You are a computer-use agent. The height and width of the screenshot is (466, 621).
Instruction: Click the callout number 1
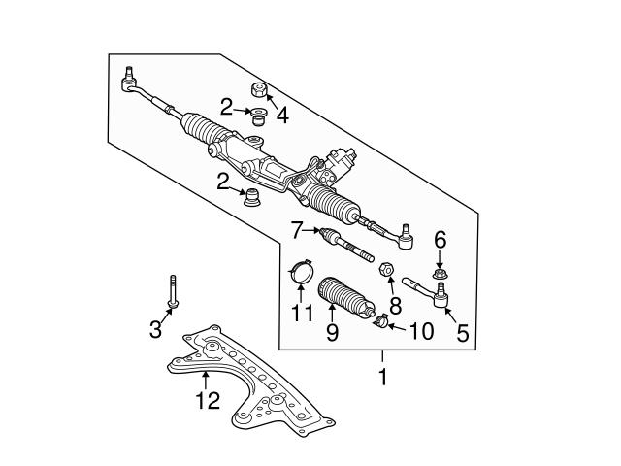pos(382,377)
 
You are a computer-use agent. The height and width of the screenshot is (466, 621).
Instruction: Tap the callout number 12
pos(208,401)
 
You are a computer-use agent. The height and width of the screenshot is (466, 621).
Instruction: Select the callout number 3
pos(155,329)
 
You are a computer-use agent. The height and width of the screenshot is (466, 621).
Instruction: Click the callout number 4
pos(282,116)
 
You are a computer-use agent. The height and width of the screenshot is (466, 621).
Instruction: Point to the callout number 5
pos(463,333)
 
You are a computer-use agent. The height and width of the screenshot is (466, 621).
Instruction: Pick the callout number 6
pos(440,240)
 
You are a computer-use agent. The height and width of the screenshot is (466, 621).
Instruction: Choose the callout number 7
pos(297,230)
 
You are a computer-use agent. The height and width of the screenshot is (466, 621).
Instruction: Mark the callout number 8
pos(395,307)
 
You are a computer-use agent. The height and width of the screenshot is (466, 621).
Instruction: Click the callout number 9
pos(332,332)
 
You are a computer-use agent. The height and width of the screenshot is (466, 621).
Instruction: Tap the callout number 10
pos(421,331)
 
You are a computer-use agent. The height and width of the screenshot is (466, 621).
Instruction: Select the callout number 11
pos(302,313)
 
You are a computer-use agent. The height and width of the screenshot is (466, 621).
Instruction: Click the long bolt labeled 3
pos(173,291)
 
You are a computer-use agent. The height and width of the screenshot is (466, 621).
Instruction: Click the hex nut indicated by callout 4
pos(259,90)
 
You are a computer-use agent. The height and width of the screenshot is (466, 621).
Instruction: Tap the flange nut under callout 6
pos(439,273)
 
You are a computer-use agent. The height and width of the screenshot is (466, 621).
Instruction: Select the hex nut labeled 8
pos(386,270)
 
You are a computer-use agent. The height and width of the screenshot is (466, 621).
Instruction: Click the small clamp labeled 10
pos(381,320)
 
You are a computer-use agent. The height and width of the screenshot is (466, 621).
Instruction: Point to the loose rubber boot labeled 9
pos(345,297)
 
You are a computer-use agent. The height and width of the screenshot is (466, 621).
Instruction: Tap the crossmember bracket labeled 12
pos(250,381)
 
